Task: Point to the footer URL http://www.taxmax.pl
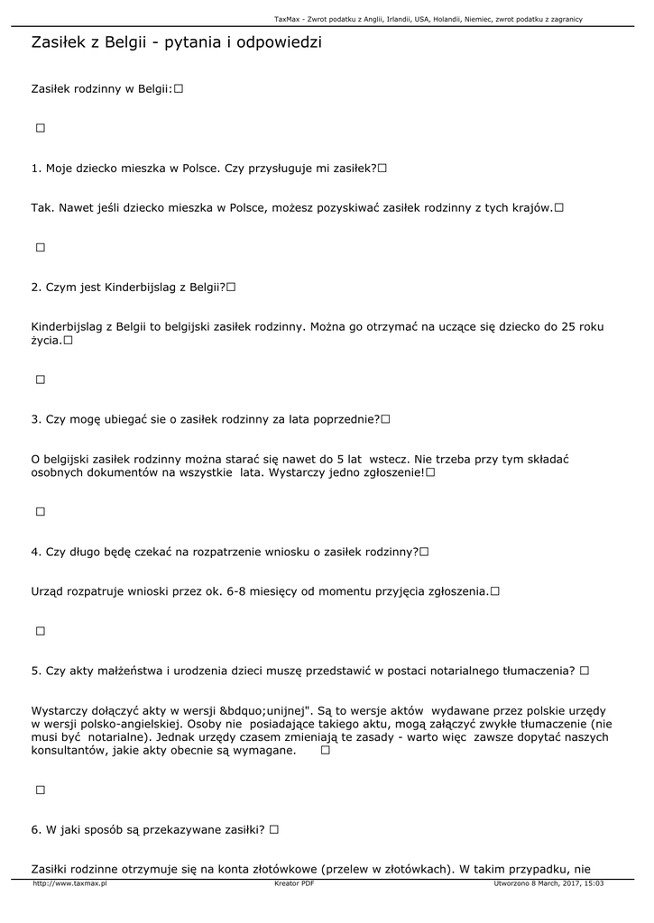[x=69, y=883]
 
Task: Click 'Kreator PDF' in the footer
[x=294, y=883]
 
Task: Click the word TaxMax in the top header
[x=286, y=19]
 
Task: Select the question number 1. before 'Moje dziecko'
[x=36, y=168]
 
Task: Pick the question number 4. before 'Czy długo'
[x=36, y=552]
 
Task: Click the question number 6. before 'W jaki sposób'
[x=36, y=829]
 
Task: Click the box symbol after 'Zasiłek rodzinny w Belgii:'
[x=179, y=88]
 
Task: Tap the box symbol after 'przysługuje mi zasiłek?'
[x=383, y=168]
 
